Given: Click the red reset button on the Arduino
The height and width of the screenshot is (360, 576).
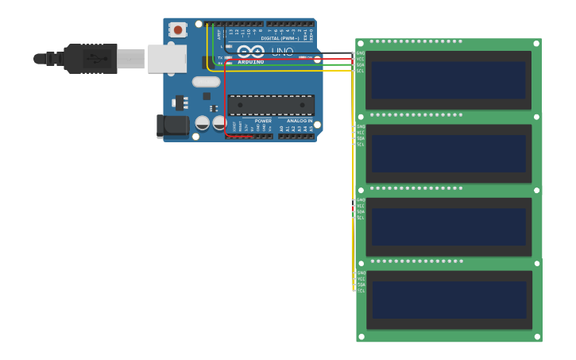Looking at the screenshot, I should (x=178, y=30).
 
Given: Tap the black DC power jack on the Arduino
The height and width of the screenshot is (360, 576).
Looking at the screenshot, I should (x=172, y=126).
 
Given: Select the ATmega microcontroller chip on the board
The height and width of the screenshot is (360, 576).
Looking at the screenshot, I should (x=271, y=104).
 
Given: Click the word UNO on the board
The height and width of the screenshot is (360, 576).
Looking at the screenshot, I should (x=283, y=52).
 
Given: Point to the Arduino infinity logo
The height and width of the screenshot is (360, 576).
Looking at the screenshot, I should (x=251, y=52).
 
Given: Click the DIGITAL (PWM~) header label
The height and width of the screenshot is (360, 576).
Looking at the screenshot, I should (x=280, y=38).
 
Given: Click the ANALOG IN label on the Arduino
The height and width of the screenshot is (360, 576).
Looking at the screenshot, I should (x=300, y=121).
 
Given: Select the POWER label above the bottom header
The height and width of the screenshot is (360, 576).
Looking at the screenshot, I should (x=263, y=121).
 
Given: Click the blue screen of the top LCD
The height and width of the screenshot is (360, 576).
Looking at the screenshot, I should (x=448, y=80).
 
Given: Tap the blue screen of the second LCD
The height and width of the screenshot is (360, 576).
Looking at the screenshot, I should (x=448, y=153).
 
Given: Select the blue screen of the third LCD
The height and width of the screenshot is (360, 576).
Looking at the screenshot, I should (x=448, y=227).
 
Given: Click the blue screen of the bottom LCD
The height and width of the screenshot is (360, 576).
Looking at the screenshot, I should (x=448, y=300).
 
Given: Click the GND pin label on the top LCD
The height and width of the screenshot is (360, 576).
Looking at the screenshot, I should (x=361, y=53).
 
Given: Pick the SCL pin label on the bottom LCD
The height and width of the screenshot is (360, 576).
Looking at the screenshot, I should (x=361, y=291).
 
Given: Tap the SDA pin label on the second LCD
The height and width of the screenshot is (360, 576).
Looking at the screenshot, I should (x=361, y=138).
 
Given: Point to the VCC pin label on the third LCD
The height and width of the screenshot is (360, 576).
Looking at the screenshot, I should (x=361, y=206).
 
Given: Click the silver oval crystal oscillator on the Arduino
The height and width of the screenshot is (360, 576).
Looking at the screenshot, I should (x=206, y=81).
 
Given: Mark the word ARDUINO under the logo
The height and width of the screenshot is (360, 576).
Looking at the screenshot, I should (x=251, y=61).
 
